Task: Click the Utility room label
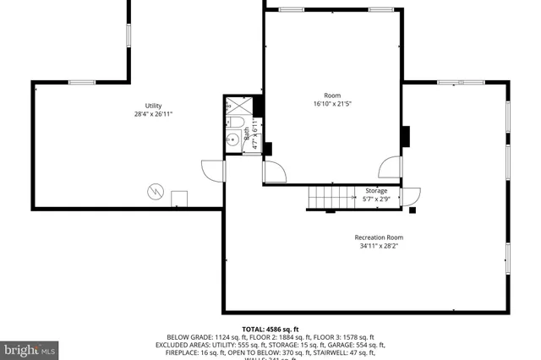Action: pyautogui.click(x=153, y=106)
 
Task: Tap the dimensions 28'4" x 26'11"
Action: pyautogui.click(x=153, y=115)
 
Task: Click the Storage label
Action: pyautogui.click(x=376, y=191)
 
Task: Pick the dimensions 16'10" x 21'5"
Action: pyautogui.click(x=332, y=104)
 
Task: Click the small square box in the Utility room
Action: pyautogui.click(x=179, y=199)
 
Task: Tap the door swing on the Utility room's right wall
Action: pyautogui.click(x=215, y=169)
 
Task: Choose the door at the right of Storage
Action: pyautogui.click(x=412, y=197)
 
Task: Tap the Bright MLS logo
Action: pyautogui.click(x=30, y=348)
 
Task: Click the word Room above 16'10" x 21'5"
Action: pyautogui.click(x=332, y=95)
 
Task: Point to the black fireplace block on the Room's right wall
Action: pyautogui.click(x=405, y=136)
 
